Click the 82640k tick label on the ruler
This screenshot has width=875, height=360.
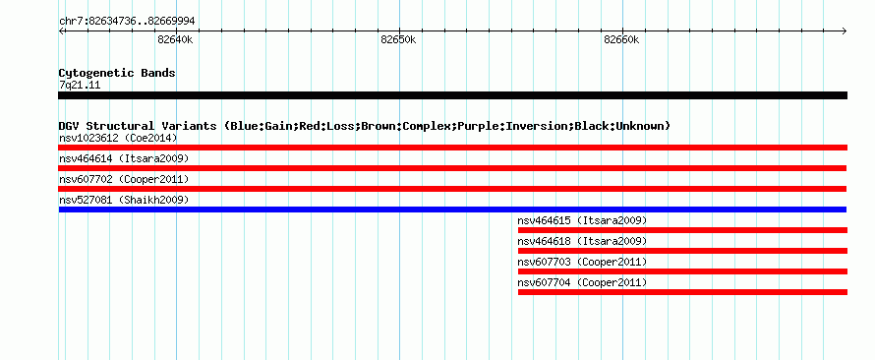(175, 39)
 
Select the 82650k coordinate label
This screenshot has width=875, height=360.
(398, 39)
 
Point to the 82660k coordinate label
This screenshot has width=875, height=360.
(621, 39)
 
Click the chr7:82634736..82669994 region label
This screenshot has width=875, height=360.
(127, 22)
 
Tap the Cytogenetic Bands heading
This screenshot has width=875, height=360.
(117, 73)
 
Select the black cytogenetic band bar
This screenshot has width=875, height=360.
(452, 95)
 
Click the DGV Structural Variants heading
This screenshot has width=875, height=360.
(365, 126)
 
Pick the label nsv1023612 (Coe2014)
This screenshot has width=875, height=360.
(118, 138)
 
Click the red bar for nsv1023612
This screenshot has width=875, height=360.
(452, 148)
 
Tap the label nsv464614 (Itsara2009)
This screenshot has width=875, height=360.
(124, 158)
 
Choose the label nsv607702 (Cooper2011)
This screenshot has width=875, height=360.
(124, 179)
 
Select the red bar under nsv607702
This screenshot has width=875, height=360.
(452, 189)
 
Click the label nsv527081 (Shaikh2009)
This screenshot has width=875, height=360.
(124, 200)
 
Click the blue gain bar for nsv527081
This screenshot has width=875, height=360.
(452, 210)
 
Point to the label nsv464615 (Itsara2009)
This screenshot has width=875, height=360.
(583, 220)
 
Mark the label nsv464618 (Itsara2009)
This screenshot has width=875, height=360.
(583, 241)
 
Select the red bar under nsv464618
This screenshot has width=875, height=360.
(682, 251)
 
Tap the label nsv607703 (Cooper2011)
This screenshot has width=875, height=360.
(583, 262)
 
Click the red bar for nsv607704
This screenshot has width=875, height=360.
(682, 292)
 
